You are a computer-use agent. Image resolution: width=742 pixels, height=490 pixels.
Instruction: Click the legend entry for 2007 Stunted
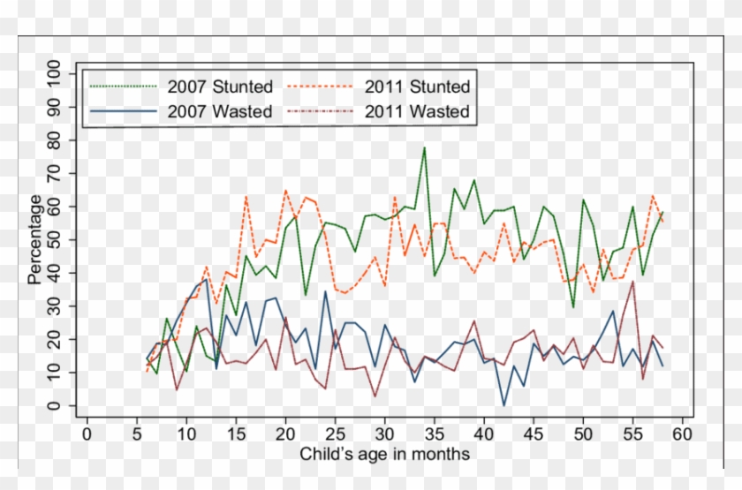[x=220, y=87]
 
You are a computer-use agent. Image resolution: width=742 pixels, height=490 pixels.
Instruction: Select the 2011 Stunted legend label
[x=417, y=87]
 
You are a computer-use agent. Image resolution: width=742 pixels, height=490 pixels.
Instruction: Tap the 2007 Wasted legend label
[x=220, y=112]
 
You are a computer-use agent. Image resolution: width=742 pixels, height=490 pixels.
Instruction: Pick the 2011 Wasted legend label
[x=417, y=112]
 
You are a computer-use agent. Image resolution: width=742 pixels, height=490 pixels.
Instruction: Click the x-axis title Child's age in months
[x=384, y=455]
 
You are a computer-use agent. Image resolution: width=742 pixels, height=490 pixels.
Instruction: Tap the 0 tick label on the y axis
[x=55, y=406]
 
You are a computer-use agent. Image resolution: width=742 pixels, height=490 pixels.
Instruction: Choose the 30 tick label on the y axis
[x=55, y=306]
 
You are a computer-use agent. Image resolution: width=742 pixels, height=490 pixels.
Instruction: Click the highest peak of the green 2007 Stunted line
[x=424, y=147]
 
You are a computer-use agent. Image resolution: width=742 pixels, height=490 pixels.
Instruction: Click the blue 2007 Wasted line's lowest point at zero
[x=503, y=405]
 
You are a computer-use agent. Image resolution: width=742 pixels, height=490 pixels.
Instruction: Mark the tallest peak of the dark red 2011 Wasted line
[x=632, y=282]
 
